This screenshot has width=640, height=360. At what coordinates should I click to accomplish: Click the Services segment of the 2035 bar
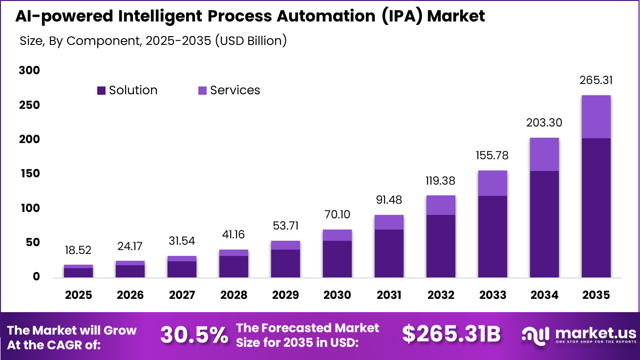[596, 117]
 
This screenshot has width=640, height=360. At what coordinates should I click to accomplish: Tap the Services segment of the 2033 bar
[492, 183]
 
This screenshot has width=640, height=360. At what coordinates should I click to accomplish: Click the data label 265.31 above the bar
[596, 80]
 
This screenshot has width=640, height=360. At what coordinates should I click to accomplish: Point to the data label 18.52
[78, 250]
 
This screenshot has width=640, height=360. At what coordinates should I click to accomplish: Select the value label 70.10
[337, 214]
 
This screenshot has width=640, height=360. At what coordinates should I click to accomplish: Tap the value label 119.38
[440, 181]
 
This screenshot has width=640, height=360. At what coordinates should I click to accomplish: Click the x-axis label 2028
[234, 295]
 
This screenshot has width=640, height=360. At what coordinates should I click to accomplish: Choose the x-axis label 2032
[440, 295]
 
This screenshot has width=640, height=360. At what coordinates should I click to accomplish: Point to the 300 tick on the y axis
[29, 70]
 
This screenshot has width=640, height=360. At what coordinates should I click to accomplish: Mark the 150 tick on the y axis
[29, 174]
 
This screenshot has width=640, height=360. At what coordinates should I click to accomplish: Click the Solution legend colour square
[102, 90]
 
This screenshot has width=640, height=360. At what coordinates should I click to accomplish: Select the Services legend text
[235, 90]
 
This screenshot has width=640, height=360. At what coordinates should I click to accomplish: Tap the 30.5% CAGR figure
[194, 335]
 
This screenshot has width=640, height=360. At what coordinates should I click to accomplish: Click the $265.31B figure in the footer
[451, 335]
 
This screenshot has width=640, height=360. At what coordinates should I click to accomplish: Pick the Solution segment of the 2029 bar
[285, 263]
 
